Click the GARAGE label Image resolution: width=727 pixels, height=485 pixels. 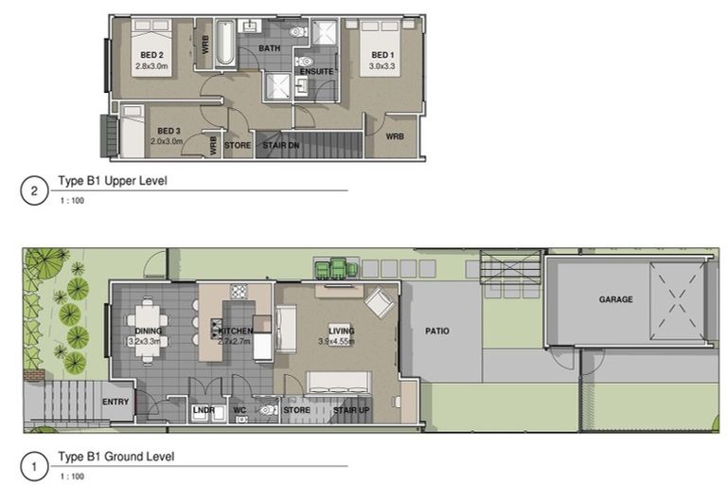[x=615, y=299]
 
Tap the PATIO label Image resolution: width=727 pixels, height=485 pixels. [x=437, y=331]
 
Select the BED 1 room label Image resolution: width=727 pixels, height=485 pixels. [x=382, y=55]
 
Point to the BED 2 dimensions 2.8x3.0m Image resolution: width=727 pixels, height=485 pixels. [x=151, y=66]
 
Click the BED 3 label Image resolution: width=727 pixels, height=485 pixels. [x=168, y=131]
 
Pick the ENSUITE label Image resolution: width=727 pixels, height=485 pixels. [x=317, y=71]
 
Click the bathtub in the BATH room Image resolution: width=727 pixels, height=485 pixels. [x=225, y=43]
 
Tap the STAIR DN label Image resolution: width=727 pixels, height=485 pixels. [x=281, y=145]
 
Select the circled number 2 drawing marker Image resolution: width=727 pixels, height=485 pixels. [x=34, y=190]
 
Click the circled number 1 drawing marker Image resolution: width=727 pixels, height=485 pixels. [x=34, y=466]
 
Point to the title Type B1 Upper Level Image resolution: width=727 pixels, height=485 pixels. [x=113, y=181]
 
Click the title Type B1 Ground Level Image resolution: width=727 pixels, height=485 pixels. [x=116, y=457]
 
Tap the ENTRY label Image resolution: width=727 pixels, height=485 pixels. [x=115, y=402]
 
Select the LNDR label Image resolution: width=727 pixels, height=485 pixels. [x=204, y=410]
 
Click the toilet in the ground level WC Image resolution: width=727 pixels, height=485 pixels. [x=267, y=410]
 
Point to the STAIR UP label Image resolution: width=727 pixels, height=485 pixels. [x=351, y=410]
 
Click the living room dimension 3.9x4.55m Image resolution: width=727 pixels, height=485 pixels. [x=336, y=342]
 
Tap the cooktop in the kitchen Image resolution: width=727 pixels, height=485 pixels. [x=239, y=292]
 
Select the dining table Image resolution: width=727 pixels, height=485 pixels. [x=148, y=330]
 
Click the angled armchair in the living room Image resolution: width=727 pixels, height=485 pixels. [x=380, y=302]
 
